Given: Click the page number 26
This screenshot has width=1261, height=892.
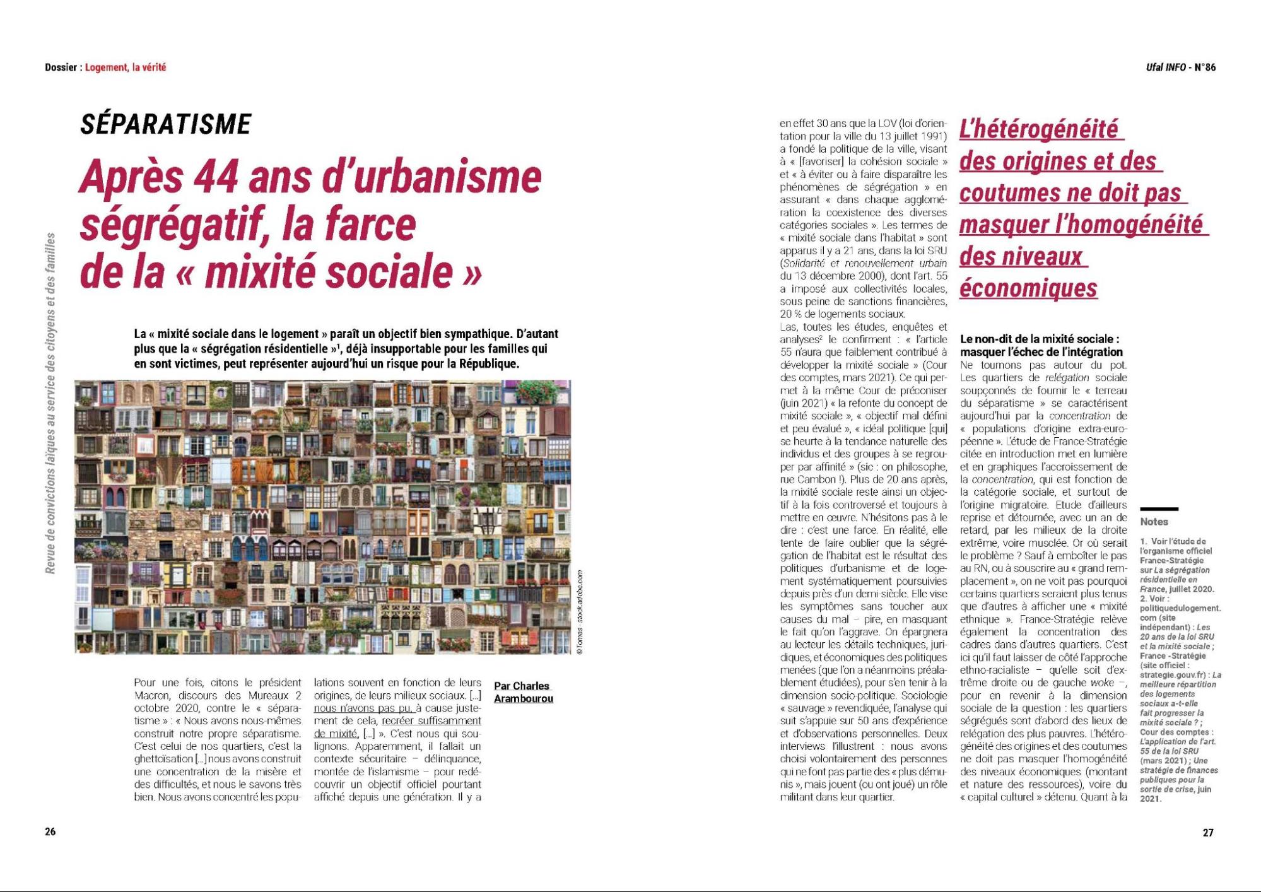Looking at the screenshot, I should coord(50,831).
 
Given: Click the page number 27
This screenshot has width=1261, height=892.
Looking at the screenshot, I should coord(1208,832).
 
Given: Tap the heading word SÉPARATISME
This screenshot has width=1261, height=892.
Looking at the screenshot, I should coord(166,124).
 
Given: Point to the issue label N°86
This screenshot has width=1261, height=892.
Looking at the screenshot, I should coord(1204,67).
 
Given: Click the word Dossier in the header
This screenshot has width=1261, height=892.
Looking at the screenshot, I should coord(61,67).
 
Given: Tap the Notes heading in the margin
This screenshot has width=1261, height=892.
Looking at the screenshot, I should coord(1154,522).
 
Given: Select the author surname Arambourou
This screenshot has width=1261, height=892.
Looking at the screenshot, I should coord(523,698).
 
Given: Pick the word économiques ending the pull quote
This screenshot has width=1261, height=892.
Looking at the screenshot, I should coord(1028,288).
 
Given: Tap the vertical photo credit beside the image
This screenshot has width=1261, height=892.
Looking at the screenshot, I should coord(579,612).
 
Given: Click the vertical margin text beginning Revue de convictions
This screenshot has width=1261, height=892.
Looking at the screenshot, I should coord(50,404).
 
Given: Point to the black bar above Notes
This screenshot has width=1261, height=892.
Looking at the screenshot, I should coord(1159,508).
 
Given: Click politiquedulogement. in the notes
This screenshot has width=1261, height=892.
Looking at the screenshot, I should coord(1180,608).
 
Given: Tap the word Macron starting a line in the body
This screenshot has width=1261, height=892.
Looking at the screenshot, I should coord(151,695).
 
